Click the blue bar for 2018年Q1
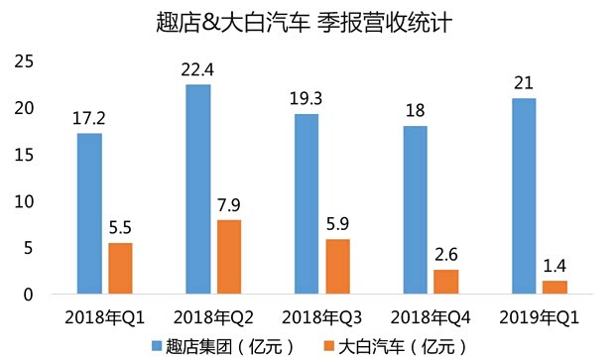click(x=89, y=214)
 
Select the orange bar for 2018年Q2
click(x=228, y=257)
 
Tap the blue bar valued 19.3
click(x=306, y=204)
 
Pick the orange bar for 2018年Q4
click(x=446, y=282)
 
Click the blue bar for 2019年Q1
click(x=524, y=196)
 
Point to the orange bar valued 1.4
click(x=555, y=288)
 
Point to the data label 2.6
click(x=446, y=253)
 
